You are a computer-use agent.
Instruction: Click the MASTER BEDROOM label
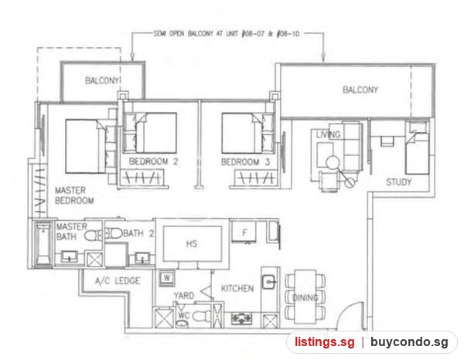tap(74, 195)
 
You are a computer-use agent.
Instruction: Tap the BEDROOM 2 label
tap(153, 161)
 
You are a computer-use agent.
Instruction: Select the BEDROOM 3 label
tap(245, 162)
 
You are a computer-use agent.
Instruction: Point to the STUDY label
tap(398, 182)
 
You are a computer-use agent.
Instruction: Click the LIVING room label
tap(328, 134)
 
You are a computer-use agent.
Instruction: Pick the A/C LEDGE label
tap(118, 280)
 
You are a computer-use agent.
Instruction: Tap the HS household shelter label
tap(192, 244)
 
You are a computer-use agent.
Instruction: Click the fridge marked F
tap(244, 233)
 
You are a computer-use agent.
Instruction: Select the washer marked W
tap(167, 278)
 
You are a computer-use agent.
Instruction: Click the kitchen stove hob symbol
tap(242, 318)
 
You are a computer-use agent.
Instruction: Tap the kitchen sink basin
tap(269, 281)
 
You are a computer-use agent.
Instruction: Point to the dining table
tap(305, 297)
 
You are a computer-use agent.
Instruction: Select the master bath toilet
tap(92, 236)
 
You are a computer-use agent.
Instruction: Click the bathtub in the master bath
tap(43, 244)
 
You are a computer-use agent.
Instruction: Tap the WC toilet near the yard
tap(201, 317)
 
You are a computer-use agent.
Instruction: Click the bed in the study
tap(418, 154)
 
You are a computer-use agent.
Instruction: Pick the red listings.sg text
tap(324, 342)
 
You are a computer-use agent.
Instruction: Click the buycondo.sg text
tap(409, 342)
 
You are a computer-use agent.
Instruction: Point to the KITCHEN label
tap(237, 288)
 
